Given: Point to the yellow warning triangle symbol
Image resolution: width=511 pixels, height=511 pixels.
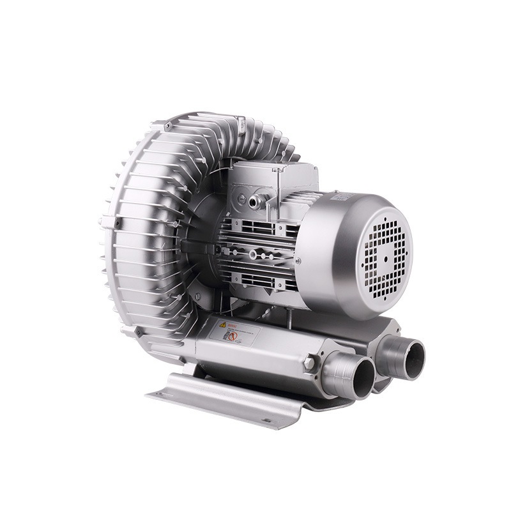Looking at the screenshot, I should [223, 324].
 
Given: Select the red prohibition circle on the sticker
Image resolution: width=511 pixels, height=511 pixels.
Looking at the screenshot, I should [233, 336].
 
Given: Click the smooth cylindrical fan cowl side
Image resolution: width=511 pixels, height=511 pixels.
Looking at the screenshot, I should [326, 256].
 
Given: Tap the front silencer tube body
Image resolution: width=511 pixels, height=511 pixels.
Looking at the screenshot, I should [256, 351].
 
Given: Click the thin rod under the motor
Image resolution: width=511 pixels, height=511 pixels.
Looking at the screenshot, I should [287, 313].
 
